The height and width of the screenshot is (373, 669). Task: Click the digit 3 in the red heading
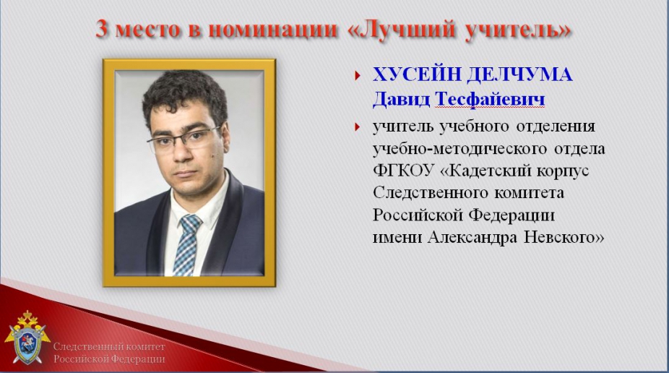point(102,30)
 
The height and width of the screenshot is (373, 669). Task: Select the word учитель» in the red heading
point(517,30)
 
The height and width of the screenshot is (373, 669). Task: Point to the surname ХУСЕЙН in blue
point(416,74)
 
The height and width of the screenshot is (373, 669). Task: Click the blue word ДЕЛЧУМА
point(519,74)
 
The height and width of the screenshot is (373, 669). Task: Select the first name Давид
point(401,100)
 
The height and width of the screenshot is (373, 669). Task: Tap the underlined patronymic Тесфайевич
point(490,100)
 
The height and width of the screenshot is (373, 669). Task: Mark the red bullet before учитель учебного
point(358,127)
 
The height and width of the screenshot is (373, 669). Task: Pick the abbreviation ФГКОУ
point(403,171)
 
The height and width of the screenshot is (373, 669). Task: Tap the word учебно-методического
point(460,149)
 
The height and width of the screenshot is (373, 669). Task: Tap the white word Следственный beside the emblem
point(91,346)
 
